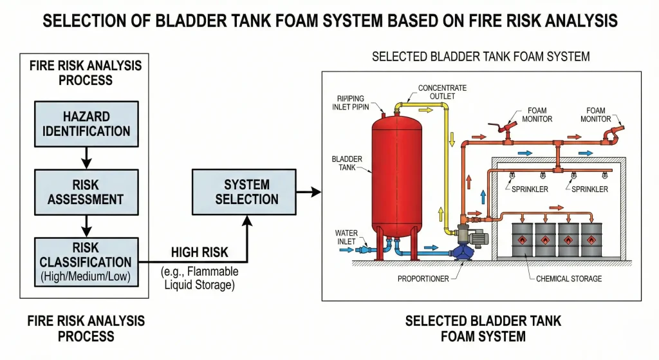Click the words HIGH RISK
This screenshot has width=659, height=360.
199,252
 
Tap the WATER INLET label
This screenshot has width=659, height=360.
346,237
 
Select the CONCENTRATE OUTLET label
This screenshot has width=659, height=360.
442,92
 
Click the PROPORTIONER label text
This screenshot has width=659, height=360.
419,278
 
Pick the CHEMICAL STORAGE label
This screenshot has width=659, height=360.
568,278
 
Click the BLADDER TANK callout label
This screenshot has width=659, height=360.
346,164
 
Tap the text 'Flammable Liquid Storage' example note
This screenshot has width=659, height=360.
199,278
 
